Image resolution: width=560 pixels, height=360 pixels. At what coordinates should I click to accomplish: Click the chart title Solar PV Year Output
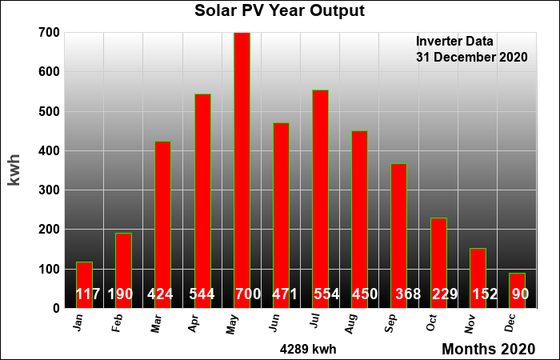click(x=280, y=10)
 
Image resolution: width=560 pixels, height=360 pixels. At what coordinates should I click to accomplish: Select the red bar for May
click(x=242, y=170)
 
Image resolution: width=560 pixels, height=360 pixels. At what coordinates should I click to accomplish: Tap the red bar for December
click(x=517, y=290)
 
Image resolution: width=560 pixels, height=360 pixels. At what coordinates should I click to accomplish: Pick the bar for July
click(x=320, y=199)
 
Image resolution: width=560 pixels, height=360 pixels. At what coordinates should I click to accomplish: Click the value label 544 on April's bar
click(x=202, y=294)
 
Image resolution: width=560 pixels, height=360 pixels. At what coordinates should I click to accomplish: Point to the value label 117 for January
click(x=88, y=294)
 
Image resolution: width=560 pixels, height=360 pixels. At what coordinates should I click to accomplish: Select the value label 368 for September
click(x=408, y=294)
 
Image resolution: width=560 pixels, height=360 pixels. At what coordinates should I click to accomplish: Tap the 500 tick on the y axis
click(x=50, y=111)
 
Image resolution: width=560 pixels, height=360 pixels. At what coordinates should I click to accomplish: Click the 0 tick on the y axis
click(x=57, y=308)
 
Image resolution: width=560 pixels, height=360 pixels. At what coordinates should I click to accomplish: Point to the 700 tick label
click(x=50, y=33)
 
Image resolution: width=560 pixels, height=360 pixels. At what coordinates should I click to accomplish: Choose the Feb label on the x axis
click(x=117, y=323)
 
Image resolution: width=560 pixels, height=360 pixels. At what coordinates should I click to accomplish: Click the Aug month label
click(x=351, y=324)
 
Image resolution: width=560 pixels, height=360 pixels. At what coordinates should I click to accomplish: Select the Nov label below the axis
click(x=470, y=324)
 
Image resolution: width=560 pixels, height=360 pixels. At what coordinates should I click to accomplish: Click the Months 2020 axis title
click(x=489, y=349)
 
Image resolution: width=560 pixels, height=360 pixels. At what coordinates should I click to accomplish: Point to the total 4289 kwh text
click(x=308, y=349)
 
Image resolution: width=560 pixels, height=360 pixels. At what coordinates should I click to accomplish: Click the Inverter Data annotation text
click(x=454, y=42)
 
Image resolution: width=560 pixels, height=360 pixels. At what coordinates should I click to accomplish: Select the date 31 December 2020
click(x=471, y=57)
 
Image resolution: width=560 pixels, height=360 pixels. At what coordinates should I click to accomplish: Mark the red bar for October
click(x=438, y=263)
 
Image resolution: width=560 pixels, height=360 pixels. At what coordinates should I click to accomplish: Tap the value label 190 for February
click(x=120, y=294)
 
